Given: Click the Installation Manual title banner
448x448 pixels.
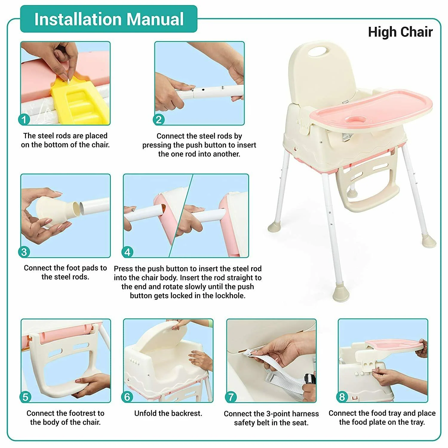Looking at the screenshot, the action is point(109,19).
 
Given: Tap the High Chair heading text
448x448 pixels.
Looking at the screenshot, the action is point(400,32).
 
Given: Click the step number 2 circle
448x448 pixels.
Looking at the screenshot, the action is point(159,120).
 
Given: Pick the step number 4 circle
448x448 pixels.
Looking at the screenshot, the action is point(127,252).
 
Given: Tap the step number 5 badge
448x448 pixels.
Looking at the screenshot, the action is point(25,397).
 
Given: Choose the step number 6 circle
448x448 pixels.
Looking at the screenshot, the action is point(128,397).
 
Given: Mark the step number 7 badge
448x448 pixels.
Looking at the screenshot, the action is point(231,397).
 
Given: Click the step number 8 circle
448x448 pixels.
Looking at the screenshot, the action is point(342,397).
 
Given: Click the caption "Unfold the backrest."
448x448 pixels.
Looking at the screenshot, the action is point(168,413).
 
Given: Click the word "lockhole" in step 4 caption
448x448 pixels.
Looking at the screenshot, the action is point(231,296).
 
